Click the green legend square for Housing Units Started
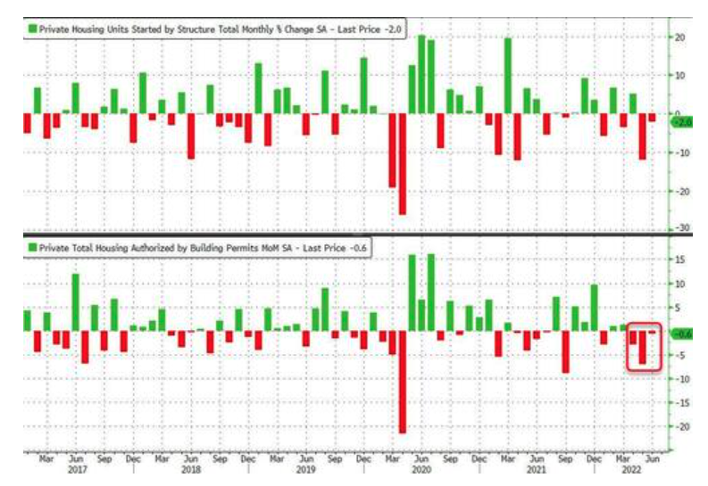coord(31,29)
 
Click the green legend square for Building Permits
coord(31,244)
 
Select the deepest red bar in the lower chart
coord(402,382)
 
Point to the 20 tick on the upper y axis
coord(680,37)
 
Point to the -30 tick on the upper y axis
coord(680,228)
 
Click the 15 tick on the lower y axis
coord(680,259)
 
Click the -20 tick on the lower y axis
coord(680,426)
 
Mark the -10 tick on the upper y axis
coord(680,152)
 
